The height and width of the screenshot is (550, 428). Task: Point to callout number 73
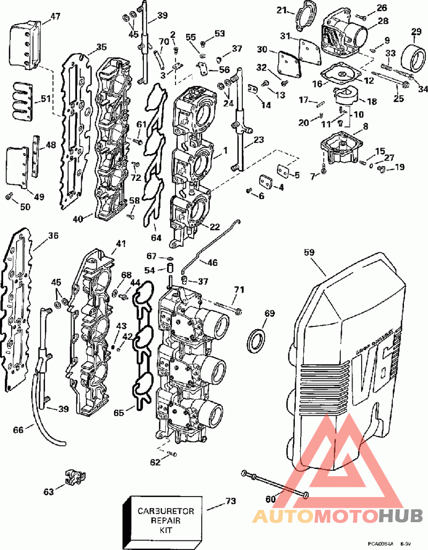(231, 501)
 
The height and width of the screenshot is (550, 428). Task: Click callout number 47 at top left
(56, 17)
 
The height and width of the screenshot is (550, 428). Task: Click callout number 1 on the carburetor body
(225, 151)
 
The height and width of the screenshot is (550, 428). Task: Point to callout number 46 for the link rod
(212, 263)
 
